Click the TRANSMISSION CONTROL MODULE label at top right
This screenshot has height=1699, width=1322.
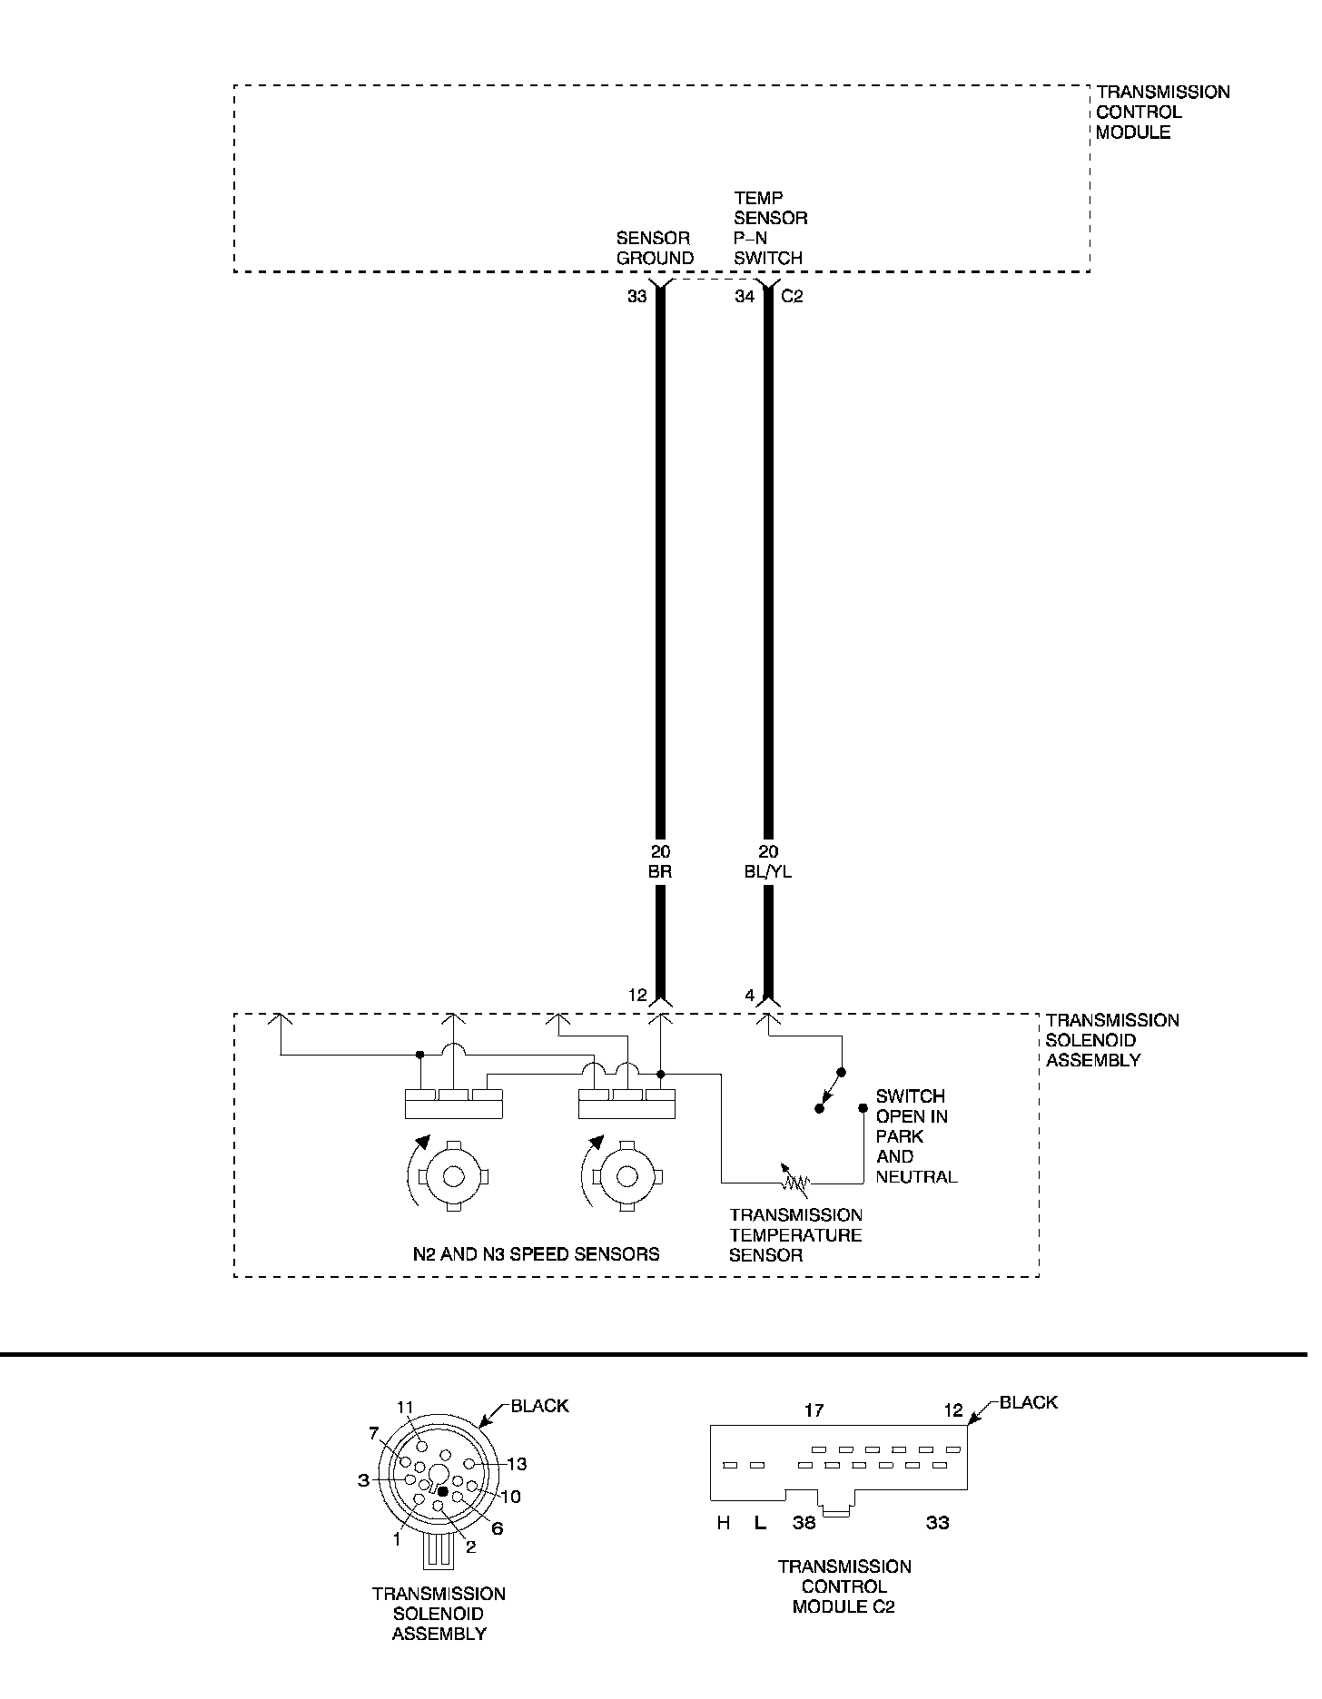click(1162, 113)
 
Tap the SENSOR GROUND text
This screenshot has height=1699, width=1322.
click(655, 249)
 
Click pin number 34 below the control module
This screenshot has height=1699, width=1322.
click(745, 297)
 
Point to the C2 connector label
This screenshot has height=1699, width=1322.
click(793, 297)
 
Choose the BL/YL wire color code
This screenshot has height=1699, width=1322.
click(768, 872)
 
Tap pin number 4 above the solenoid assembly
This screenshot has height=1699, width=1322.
click(750, 996)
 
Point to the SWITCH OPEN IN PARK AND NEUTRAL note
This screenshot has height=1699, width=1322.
click(915, 1136)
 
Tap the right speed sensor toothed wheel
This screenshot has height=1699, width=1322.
click(626, 1175)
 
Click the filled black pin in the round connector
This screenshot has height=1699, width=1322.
click(442, 1491)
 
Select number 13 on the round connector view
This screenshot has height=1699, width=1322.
click(517, 1464)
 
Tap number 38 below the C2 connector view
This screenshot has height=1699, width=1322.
click(804, 1523)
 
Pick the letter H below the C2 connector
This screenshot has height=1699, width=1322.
click(724, 1523)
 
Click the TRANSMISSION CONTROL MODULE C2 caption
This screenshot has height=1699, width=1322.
click(844, 1586)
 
